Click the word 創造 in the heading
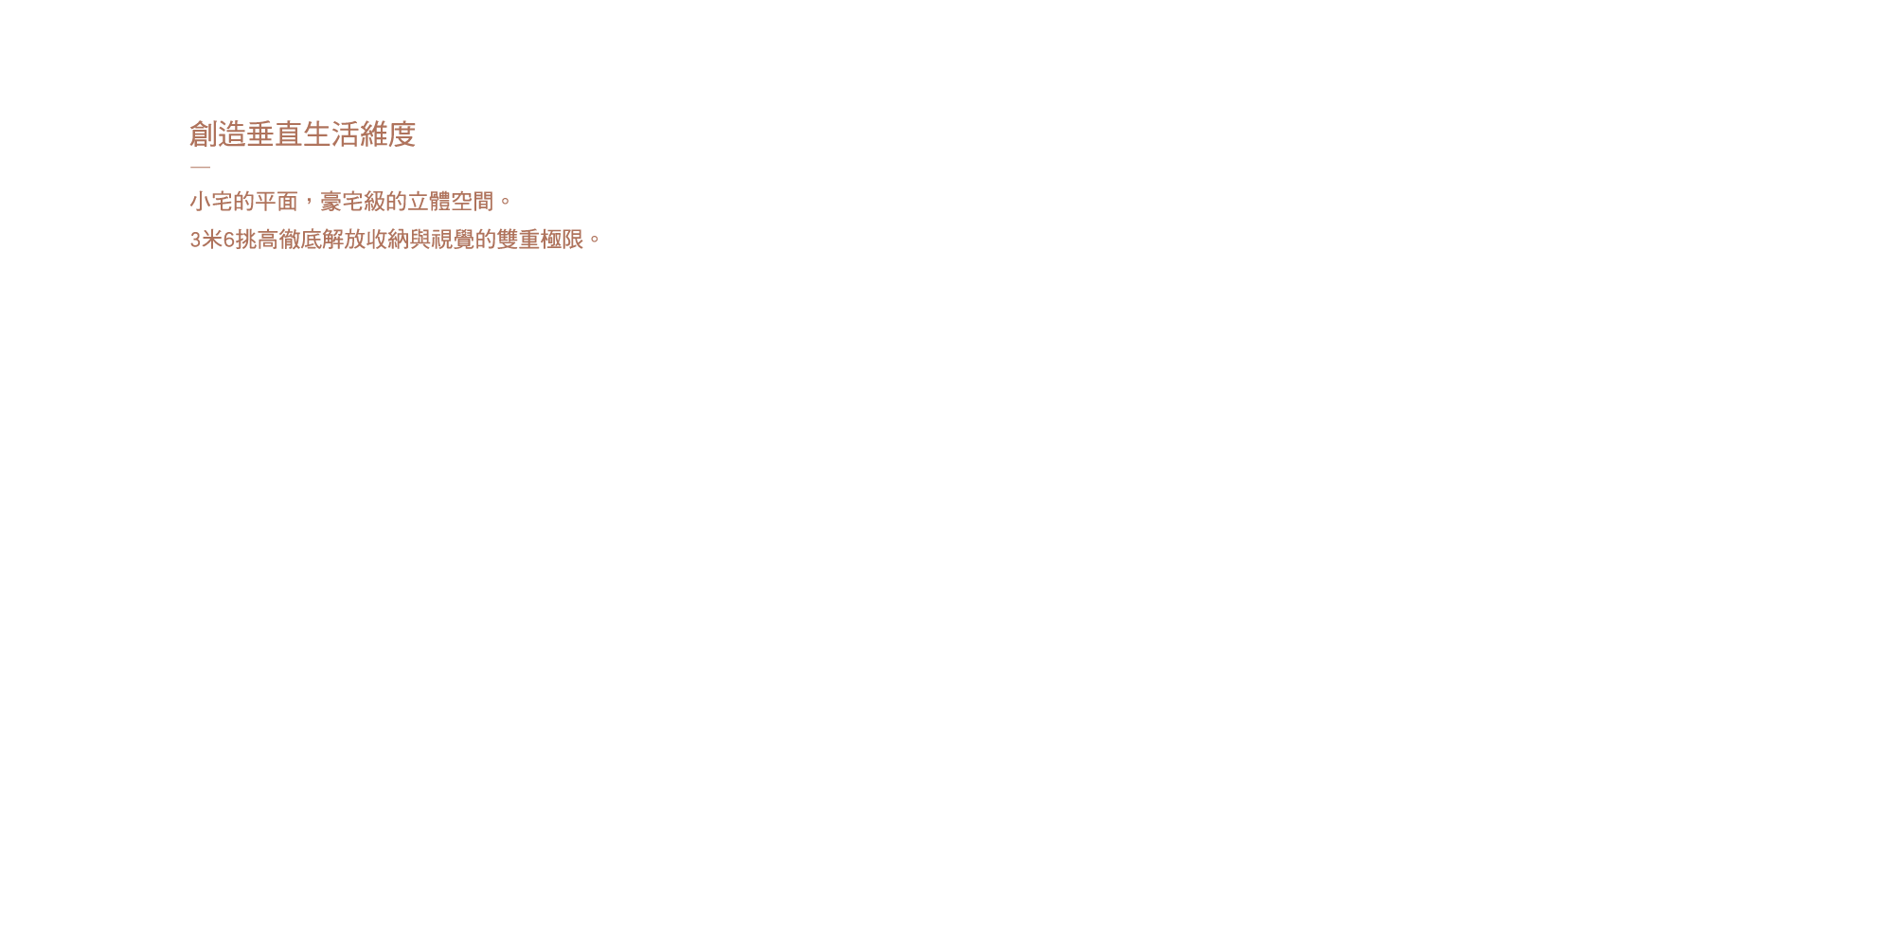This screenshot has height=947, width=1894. [x=218, y=134]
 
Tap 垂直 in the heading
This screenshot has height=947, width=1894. [x=275, y=134]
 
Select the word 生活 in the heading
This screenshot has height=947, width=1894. [x=331, y=134]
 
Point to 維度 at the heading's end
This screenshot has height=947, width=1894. [x=388, y=134]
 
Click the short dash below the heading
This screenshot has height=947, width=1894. [x=200, y=167]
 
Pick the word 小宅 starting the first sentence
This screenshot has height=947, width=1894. [x=211, y=202]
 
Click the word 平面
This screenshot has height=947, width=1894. [x=277, y=202]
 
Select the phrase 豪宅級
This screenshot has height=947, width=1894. [x=352, y=202]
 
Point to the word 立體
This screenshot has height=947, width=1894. [x=429, y=202]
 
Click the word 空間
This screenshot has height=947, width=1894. [x=473, y=202]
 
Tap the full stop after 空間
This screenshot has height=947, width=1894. [x=505, y=202]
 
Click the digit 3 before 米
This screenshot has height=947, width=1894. [x=195, y=240]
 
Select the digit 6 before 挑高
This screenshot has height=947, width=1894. [x=228, y=240]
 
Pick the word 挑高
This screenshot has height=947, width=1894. [x=256, y=240]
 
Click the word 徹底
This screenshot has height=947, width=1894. [x=299, y=240]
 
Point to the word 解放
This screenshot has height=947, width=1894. [x=343, y=240]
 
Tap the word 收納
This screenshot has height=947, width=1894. [x=386, y=240]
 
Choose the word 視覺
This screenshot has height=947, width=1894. [x=452, y=240]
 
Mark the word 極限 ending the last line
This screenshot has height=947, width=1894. [x=562, y=240]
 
